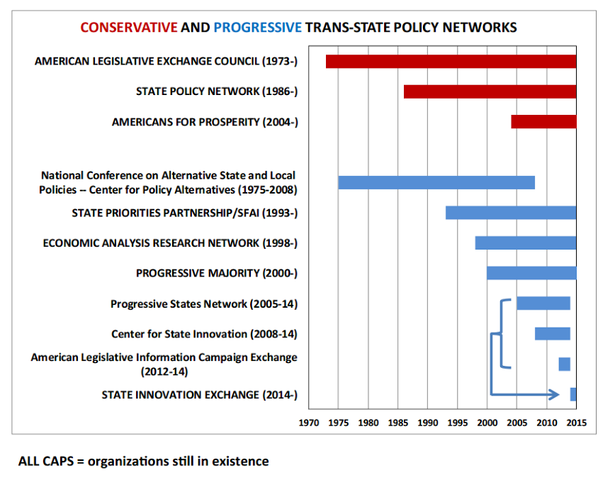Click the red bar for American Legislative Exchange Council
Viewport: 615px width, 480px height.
click(x=451, y=62)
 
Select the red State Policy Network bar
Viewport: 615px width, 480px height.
click(x=490, y=92)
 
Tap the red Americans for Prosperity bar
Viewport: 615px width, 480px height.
click(x=543, y=122)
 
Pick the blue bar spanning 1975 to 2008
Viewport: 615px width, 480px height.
click(x=436, y=182)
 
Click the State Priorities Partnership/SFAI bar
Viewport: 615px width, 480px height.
click(x=510, y=213)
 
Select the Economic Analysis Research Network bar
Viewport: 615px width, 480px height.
click(x=525, y=242)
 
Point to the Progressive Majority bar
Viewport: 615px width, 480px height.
click(x=531, y=273)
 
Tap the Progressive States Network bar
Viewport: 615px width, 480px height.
click(x=543, y=303)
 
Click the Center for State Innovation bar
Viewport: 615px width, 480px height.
click(x=552, y=334)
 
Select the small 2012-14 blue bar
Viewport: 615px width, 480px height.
click(x=564, y=364)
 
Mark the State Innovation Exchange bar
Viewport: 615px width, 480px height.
click(x=572, y=394)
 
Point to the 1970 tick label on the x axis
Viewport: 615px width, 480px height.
click(x=308, y=423)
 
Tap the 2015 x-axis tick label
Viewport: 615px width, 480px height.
click(x=576, y=423)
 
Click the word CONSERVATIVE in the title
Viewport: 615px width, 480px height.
click(x=128, y=28)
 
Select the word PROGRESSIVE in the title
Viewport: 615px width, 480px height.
click(x=257, y=28)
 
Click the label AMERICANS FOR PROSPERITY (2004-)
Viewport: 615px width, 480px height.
click(x=205, y=122)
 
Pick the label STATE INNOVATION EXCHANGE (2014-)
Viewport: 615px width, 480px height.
click(x=199, y=395)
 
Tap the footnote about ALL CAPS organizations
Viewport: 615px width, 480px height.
click(x=144, y=461)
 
